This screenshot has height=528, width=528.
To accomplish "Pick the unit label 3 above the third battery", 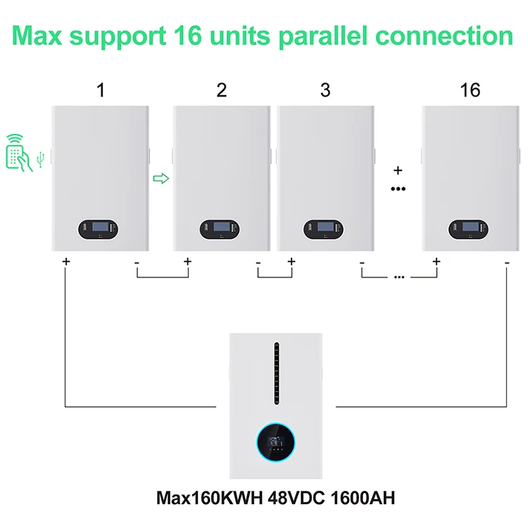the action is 325,90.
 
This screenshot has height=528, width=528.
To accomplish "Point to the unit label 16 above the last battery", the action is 470,90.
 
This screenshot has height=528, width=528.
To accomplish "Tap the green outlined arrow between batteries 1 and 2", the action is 161,179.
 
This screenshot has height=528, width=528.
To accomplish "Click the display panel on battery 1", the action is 100,229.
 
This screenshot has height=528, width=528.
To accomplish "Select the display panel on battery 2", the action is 221,229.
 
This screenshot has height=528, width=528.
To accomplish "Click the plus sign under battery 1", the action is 65,261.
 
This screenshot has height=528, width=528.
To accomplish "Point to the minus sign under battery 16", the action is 507,261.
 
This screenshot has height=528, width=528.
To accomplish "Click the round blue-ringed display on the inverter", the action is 275,441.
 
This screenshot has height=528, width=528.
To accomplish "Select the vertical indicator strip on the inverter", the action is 277,373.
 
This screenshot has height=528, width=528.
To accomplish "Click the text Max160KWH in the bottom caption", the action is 199,500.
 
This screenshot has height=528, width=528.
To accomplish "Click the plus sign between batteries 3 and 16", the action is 398,170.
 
